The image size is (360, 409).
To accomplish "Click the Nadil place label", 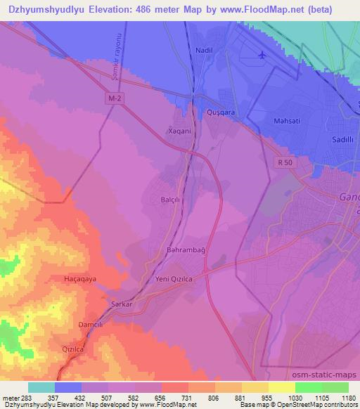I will pyautogui.click(x=204, y=51).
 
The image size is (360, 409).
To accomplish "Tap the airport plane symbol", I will pyautogui.click(x=262, y=55).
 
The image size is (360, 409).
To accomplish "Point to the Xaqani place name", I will pyautogui.click(x=179, y=131).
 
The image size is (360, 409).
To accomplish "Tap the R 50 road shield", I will pyautogui.click(x=283, y=162).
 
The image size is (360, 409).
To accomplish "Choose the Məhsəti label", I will pyautogui.click(x=287, y=121).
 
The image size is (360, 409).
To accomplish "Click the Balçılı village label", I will pyautogui.click(x=171, y=200).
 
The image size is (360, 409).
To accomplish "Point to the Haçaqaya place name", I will pyautogui.click(x=79, y=279).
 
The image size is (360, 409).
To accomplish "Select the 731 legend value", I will pyautogui.click(x=188, y=397).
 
